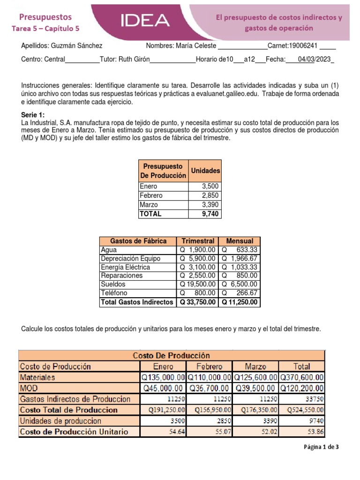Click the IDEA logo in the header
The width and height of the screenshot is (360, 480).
[x=145, y=20]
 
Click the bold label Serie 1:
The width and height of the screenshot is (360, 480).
[x=33, y=115]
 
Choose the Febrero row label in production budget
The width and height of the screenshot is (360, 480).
[x=151, y=195]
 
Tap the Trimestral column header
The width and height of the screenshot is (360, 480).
[x=198, y=241]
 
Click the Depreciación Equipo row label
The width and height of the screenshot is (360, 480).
[x=130, y=258]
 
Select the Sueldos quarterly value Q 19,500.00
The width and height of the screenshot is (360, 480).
[x=197, y=285]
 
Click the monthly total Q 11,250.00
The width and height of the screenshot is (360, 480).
[x=240, y=302]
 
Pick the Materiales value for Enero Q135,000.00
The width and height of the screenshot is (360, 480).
[x=163, y=377]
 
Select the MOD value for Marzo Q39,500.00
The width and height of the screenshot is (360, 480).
[x=255, y=388]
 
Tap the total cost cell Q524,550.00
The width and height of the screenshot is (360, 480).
[x=301, y=410]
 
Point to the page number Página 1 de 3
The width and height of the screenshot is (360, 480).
[x=321, y=447]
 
